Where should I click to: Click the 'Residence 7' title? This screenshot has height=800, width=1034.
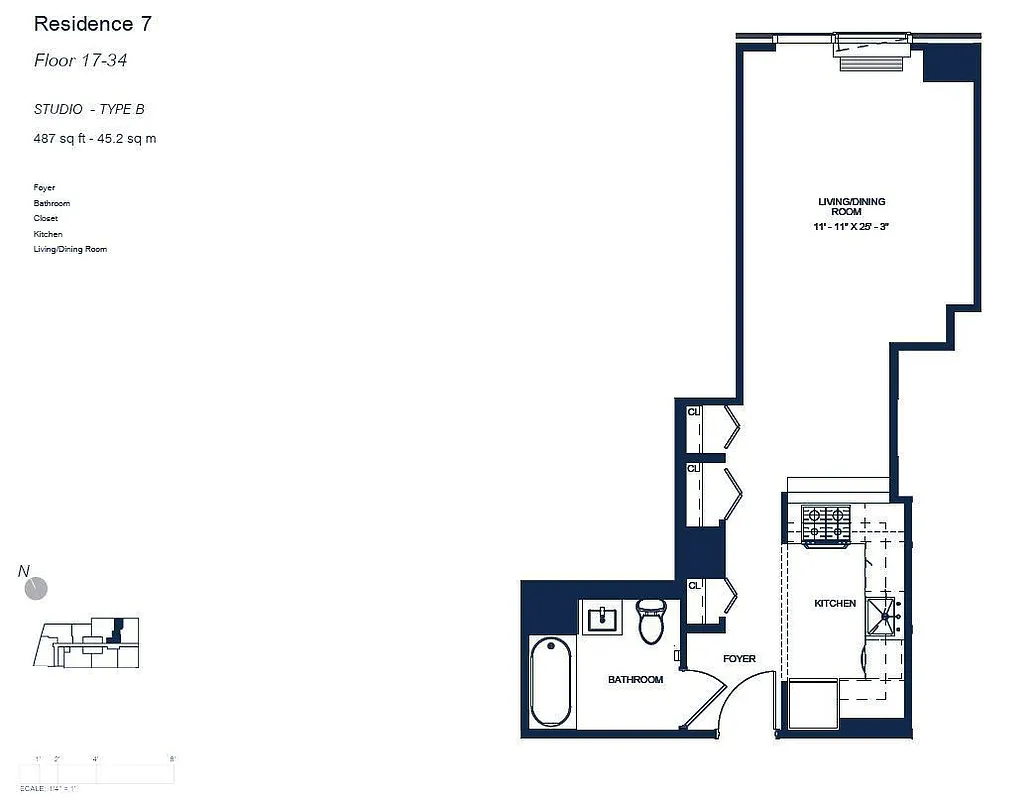93,24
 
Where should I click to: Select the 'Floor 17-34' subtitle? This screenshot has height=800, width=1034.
80,61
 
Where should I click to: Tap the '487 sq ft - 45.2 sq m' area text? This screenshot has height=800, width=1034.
95,139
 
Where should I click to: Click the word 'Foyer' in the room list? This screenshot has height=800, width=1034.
44,188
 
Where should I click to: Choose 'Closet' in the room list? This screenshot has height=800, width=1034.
46,218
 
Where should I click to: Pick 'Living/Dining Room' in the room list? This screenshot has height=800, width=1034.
70,249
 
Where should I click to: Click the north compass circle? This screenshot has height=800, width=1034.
36,588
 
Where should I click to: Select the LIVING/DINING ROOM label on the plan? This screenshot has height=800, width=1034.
851,207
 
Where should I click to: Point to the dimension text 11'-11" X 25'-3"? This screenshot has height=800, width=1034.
851,228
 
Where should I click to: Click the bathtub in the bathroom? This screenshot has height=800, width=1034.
551,683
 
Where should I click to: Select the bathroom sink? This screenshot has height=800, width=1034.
606,619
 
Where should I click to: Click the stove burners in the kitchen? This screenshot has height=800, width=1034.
825,522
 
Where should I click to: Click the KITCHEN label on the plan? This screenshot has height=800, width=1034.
835,604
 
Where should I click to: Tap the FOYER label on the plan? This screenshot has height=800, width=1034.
739,659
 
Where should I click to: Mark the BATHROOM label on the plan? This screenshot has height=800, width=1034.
635,680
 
